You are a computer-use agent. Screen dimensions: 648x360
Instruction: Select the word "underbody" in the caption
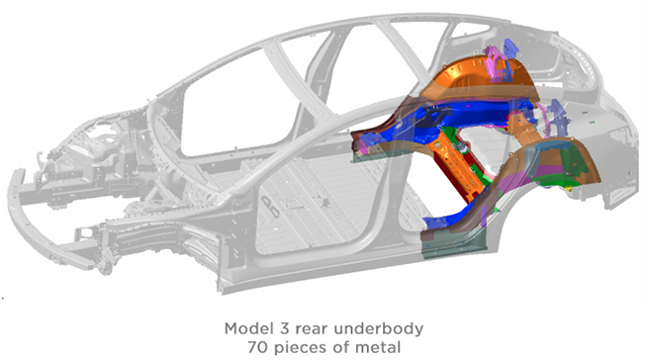(x=379, y=329)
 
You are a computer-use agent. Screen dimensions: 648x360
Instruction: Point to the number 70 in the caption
(x=258, y=347)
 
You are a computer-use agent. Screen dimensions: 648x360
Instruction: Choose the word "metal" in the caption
(x=380, y=347)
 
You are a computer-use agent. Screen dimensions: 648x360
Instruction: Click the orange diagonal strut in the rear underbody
(x=456, y=164)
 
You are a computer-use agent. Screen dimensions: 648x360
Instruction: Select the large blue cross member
(x=455, y=114)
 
